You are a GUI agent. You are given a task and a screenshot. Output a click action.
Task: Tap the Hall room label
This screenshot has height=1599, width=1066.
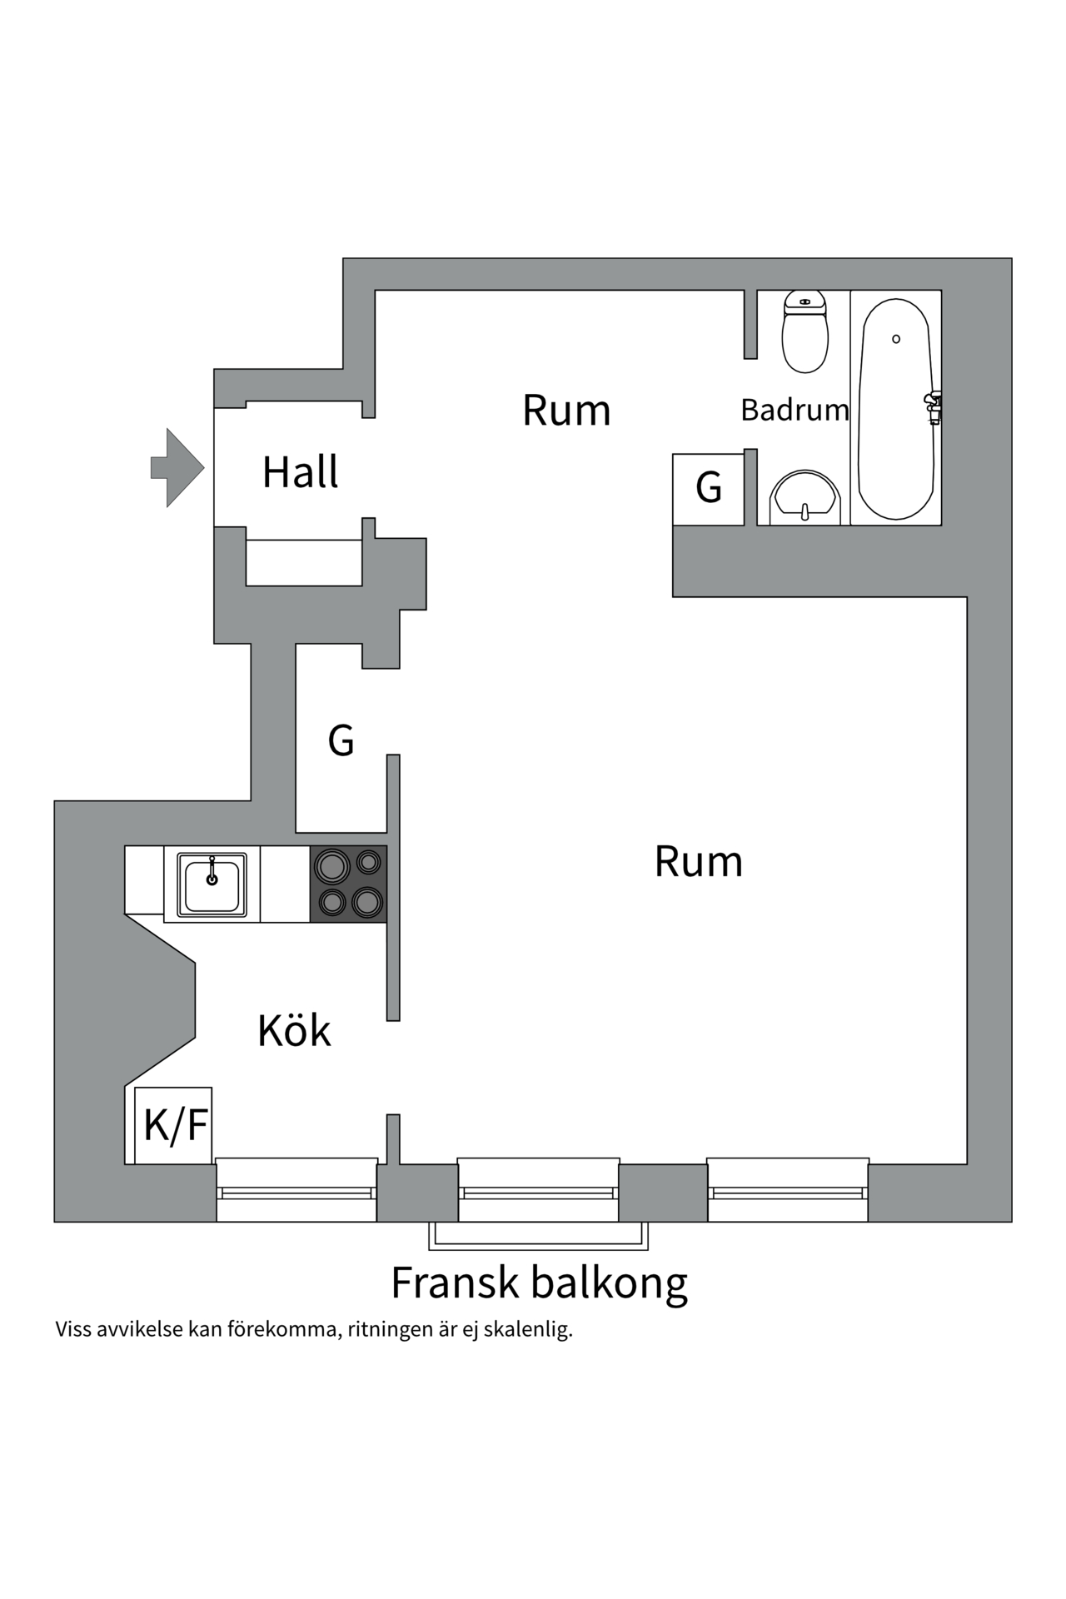tap(300, 472)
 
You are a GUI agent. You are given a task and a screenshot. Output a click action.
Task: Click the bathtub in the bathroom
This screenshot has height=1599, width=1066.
tap(894, 408)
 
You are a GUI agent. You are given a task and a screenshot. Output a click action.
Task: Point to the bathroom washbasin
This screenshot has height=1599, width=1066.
tap(804, 497)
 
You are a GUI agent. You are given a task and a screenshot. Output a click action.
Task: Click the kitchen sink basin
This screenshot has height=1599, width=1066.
tap(212, 884)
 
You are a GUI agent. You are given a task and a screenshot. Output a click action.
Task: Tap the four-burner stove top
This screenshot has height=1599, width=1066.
tap(349, 884)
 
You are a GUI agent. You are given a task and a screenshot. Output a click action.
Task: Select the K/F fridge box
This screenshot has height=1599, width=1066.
tap(175, 1125)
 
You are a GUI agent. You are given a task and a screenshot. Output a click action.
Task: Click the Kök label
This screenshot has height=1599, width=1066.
tap(294, 1031)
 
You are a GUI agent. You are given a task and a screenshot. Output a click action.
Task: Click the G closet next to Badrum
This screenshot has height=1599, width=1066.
tap(709, 489)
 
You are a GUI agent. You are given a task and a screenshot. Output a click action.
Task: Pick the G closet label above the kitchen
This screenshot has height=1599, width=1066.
tap(341, 740)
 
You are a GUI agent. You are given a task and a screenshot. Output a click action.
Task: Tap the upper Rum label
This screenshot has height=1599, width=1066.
tap(566, 410)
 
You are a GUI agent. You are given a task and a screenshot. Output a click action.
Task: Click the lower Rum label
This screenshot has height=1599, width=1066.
tap(698, 861)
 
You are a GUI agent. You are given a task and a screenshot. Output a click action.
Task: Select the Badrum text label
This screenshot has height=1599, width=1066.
tap(795, 410)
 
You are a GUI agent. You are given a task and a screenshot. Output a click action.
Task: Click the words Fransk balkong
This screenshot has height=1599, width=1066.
tap(539, 1283)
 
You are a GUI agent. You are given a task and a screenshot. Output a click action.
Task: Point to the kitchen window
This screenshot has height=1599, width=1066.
tap(296, 1191)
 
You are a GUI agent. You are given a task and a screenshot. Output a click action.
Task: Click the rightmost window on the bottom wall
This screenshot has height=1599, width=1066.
tap(788, 1191)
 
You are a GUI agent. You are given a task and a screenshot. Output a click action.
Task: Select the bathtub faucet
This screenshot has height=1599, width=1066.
tap(934, 407)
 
